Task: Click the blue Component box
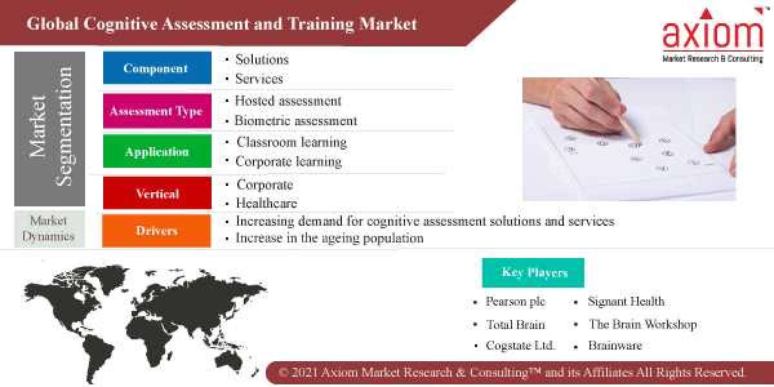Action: point(157,68)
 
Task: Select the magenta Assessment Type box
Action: point(157,111)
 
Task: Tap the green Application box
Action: point(157,152)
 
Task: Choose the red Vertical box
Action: point(157,193)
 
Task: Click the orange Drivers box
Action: point(157,230)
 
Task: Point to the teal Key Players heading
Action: point(533,272)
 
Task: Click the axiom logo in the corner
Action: point(712,35)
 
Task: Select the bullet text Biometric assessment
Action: point(295,121)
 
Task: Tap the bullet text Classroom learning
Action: point(291,142)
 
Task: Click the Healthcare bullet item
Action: point(266,203)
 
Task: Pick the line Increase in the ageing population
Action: point(329,238)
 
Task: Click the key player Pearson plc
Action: point(515,301)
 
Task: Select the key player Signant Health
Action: point(625,301)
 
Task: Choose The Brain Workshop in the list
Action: point(642,324)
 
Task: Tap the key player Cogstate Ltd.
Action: point(520,345)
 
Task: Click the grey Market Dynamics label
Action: point(48,228)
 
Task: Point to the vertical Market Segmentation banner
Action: point(50,128)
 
